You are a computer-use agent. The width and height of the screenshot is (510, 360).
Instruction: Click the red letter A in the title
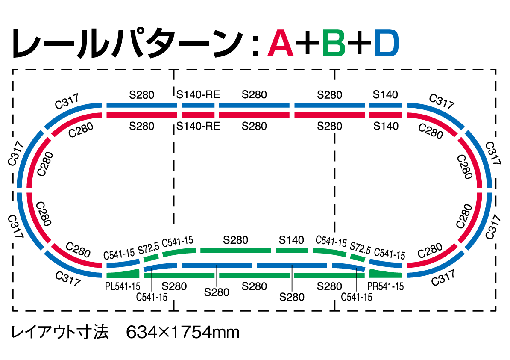coord(281,43)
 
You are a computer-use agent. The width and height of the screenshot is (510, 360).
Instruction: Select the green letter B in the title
coord(334,43)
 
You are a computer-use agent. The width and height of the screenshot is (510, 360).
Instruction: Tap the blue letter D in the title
coord(387,43)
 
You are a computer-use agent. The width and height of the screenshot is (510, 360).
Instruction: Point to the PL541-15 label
coord(123,286)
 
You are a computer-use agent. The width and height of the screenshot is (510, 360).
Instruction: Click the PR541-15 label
coord(385,286)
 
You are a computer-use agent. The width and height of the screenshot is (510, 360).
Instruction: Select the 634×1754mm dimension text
coord(183,332)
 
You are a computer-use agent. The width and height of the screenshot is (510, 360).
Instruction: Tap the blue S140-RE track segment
coord(198,105)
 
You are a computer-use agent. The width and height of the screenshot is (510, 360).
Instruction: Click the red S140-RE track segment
coord(198,115)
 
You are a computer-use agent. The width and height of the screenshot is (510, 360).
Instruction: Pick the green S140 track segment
coord(292,250)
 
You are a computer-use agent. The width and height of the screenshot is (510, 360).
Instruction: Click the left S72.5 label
coord(149,248)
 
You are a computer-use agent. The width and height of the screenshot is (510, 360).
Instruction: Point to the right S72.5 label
coord(360,248)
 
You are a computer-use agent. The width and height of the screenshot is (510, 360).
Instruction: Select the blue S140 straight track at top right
coord(386,105)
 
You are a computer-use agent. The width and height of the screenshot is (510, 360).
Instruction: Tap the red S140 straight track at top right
coord(386,115)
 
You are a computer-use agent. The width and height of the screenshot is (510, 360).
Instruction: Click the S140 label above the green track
coord(291,240)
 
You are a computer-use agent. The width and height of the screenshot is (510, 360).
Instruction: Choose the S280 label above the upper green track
coord(235,240)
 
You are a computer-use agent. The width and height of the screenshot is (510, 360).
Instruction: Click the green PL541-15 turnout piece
coord(123,273)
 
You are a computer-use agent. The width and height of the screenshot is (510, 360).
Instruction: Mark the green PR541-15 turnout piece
coord(386,273)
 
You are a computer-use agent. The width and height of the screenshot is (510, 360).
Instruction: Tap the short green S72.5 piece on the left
coord(150,257)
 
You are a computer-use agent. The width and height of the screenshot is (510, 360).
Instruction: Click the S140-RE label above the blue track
coord(199,95)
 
